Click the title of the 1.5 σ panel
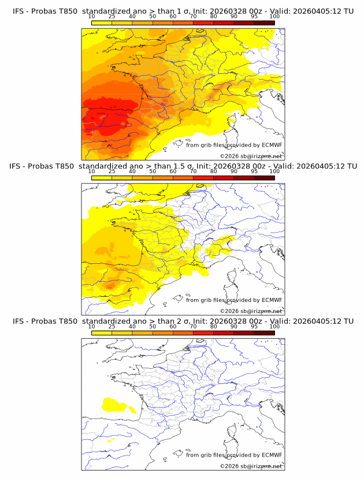182,166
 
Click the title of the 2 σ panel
182,320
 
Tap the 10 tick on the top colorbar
92,17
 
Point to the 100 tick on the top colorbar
274,17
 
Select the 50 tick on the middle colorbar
153,171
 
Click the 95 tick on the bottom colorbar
254,326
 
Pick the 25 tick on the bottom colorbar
112,326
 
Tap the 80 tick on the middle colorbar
214,171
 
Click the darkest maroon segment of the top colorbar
264,23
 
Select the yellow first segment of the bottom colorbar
102,333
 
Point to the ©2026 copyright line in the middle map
251,311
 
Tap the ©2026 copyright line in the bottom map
251,466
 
